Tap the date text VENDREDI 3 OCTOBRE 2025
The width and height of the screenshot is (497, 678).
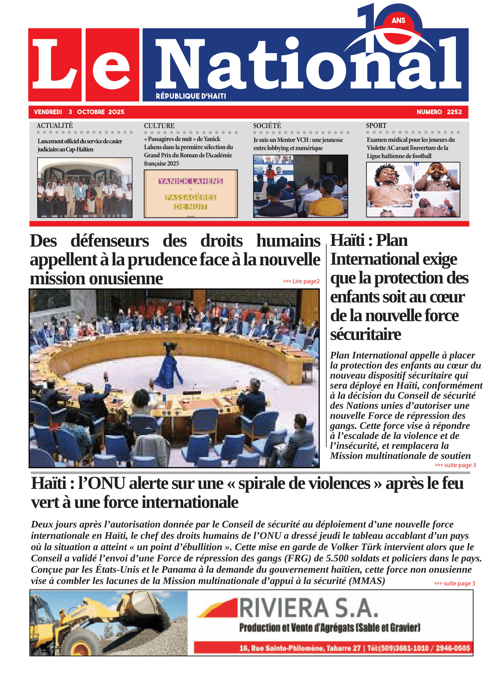point(79,112)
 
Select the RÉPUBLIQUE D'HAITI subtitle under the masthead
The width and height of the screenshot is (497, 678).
point(191,96)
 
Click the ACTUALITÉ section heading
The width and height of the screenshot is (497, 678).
point(55,125)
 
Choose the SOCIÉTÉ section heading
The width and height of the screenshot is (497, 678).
point(267,125)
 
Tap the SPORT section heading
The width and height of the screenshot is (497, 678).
point(376,125)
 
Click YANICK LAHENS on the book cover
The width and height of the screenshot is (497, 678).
point(191,181)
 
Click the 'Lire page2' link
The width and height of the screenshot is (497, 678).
point(301,281)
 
